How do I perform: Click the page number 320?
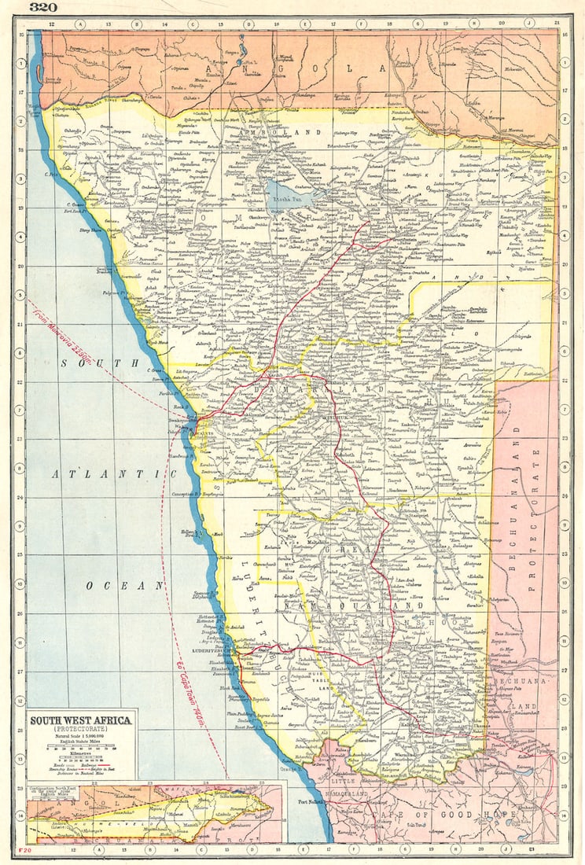[43, 9]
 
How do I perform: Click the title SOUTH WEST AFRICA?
[82, 720]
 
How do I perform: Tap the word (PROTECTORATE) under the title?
[82, 730]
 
